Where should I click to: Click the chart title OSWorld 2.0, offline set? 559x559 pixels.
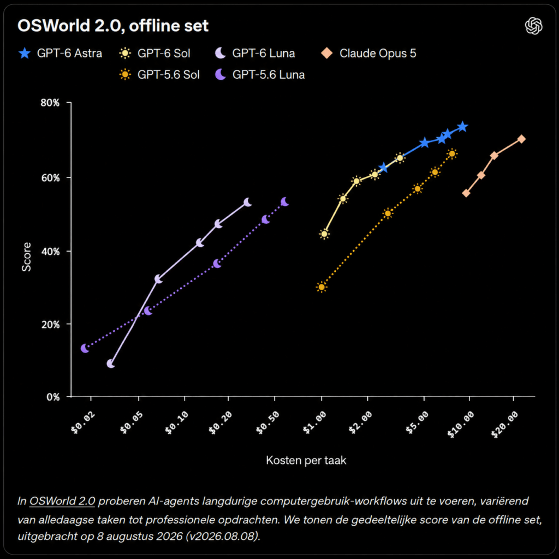113,26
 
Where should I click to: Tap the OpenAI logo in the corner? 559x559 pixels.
533,26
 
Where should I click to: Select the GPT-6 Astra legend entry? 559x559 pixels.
60,53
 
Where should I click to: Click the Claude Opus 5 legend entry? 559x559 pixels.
368,53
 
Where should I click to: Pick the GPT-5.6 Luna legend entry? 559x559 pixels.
260,75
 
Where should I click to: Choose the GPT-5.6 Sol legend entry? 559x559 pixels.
159,75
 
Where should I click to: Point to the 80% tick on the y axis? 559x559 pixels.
50,103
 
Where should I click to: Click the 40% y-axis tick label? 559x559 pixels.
50,251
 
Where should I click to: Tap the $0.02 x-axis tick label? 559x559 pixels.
83,423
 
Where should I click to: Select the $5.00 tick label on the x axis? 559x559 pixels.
417,423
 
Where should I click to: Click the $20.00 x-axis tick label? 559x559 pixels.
504,424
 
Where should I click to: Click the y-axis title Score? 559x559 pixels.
27,257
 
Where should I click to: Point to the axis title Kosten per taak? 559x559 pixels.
306,460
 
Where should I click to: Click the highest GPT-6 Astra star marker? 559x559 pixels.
462,127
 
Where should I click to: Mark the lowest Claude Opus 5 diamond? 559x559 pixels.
466,193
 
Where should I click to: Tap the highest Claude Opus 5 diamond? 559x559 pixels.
521,139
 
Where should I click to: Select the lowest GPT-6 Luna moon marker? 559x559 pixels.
111,364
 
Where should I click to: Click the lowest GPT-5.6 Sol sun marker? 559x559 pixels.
322,287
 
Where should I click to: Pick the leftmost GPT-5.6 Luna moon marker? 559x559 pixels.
85,348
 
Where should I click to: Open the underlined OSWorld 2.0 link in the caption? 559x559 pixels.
62,501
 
